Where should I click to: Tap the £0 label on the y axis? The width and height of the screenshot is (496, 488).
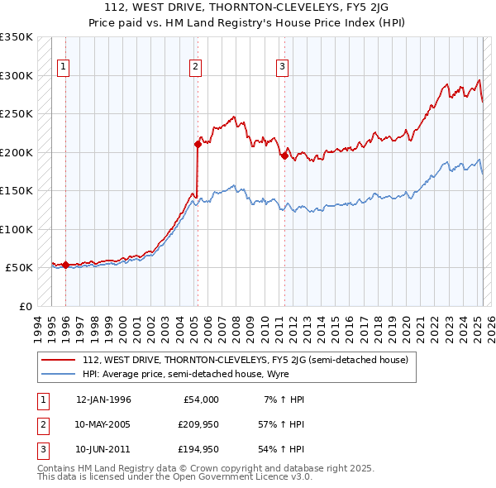click(24, 306)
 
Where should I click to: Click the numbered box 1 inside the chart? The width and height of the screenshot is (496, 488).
click(64, 68)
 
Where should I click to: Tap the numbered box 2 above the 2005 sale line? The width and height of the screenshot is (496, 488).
click(195, 68)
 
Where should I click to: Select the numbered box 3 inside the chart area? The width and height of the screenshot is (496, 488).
click(283, 68)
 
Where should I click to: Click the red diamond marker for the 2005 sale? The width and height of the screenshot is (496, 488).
click(198, 144)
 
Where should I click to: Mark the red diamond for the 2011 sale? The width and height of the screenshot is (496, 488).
click(284, 155)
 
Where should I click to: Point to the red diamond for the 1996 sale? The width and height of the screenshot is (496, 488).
click(65, 265)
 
